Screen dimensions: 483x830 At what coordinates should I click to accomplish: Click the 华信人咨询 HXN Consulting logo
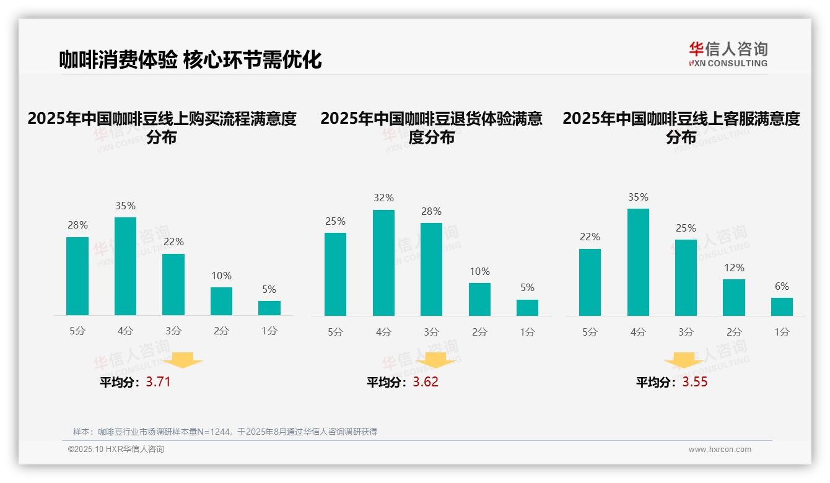point(728,54)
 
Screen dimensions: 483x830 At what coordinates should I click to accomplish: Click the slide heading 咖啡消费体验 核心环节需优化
point(190,60)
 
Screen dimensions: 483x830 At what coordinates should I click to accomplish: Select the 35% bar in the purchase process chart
point(125,266)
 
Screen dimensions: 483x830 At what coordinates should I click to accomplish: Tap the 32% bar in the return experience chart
point(383,263)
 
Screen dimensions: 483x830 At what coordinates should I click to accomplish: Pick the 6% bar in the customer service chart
point(782,307)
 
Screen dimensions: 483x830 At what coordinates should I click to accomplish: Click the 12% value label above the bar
point(733,268)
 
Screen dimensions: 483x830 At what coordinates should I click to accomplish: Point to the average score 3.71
point(158,382)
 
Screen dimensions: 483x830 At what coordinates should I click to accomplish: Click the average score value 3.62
point(426,382)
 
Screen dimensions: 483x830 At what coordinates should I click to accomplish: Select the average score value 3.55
point(695,382)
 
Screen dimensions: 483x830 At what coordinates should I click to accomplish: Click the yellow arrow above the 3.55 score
point(684,360)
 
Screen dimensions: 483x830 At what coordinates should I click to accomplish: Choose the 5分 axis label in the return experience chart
point(335,333)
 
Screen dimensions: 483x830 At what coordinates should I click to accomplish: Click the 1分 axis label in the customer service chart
point(782,333)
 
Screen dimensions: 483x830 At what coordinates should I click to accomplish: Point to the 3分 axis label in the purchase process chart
point(173,331)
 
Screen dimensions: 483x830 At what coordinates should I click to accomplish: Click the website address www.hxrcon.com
point(720,450)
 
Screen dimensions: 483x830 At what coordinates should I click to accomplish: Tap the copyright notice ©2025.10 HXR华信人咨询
point(116,450)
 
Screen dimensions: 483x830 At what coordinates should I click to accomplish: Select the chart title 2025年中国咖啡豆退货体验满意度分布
point(431,128)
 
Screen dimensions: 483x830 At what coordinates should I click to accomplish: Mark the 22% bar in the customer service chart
point(590,282)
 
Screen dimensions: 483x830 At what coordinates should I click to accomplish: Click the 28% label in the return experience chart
point(431,212)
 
